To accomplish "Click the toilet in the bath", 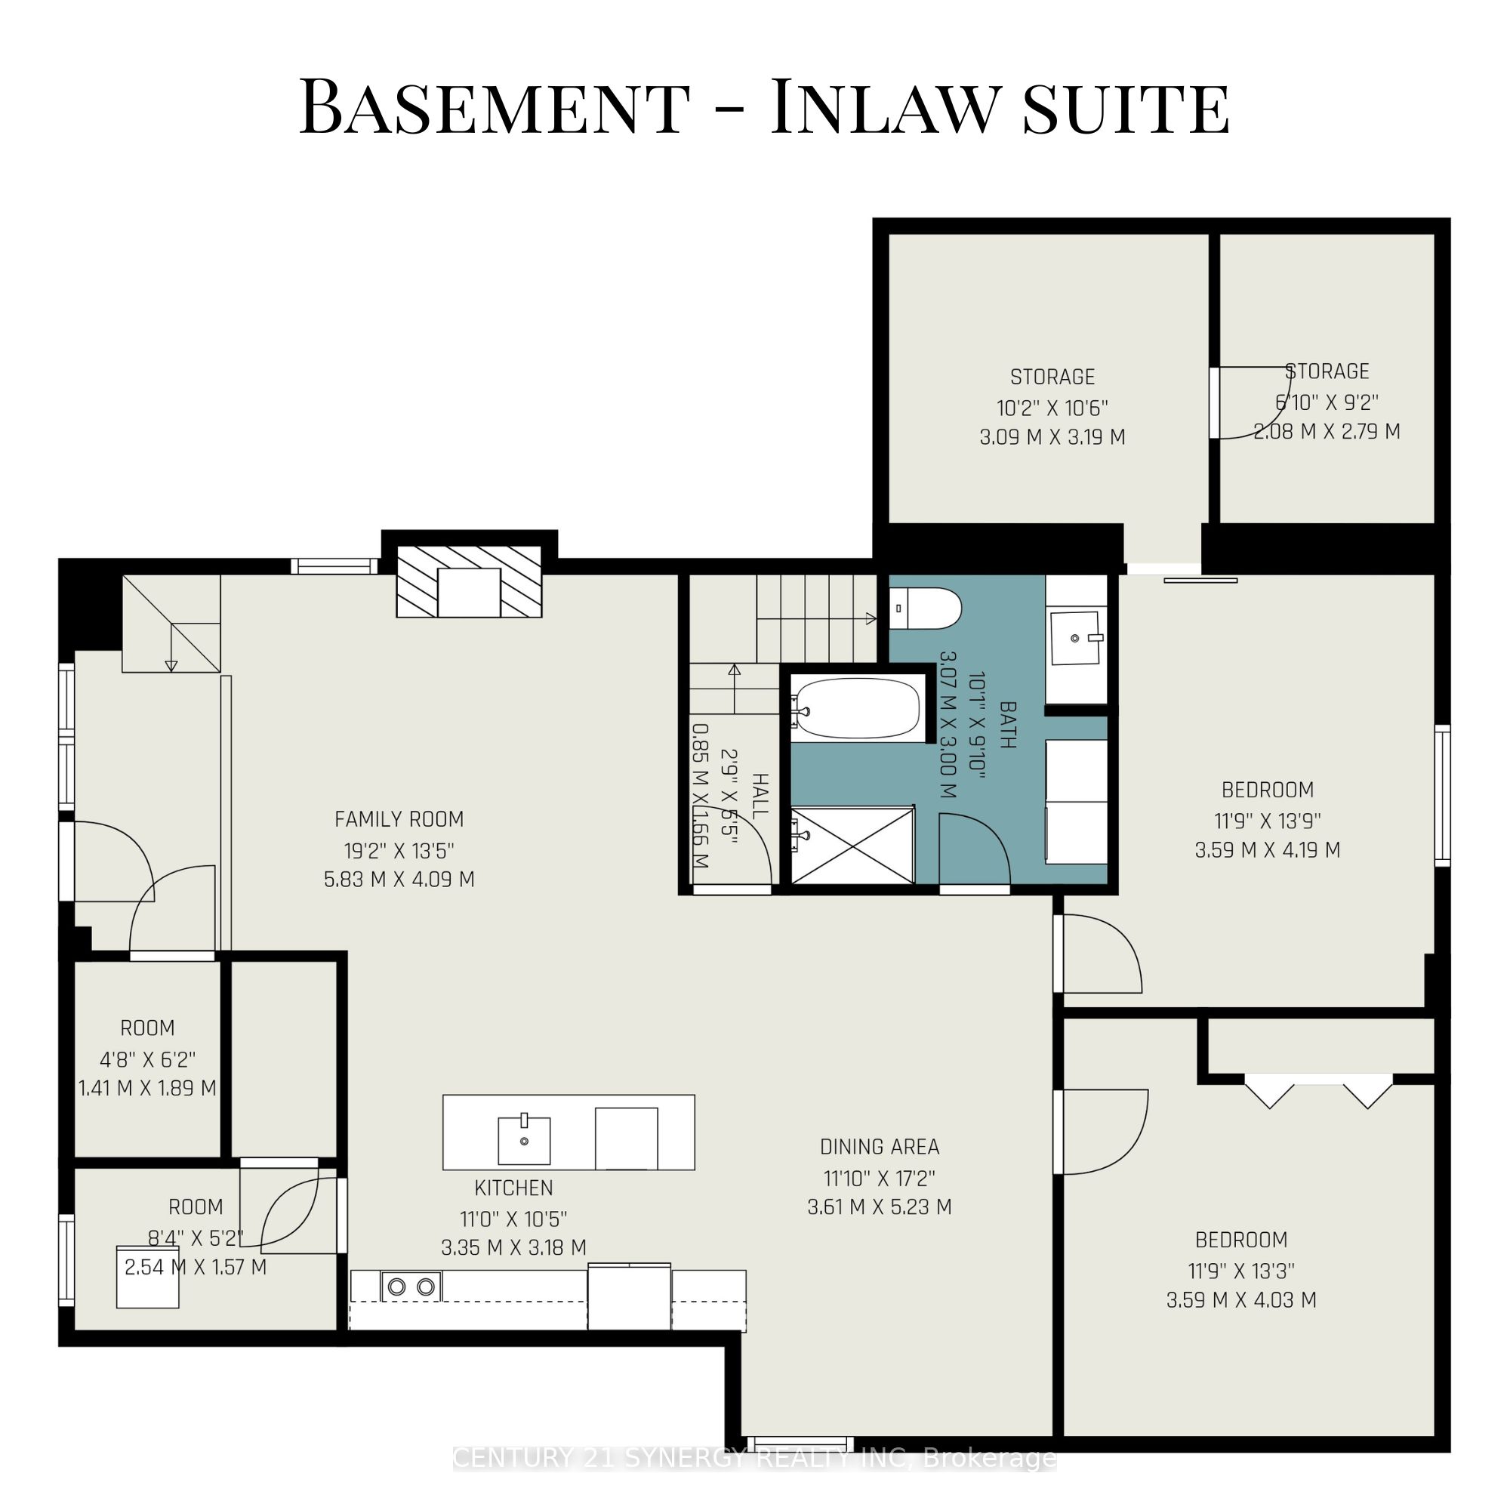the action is click(x=925, y=608).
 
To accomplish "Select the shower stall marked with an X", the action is click(x=852, y=846).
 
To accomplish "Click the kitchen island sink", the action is click(x=524, y=1140).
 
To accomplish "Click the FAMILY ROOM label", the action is click(x=399, y=819).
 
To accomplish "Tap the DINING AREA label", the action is click(x=880, y=1147).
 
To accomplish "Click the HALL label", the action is click(x=760, y=796).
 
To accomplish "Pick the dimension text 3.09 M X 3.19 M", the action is click(x=1052, y=437).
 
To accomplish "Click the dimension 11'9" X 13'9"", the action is click(x=1267, y=821).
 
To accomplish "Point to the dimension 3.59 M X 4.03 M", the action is click(x=1241, y=1300).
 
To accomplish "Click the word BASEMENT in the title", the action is click(x=495, y=107).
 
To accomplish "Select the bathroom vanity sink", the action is click(x=1075, y=639).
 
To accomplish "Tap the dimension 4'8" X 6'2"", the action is click(x=148, y=1060).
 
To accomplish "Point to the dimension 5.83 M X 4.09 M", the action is click(x=399, y=880).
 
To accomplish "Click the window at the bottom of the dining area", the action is click(x=800, y=1444).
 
